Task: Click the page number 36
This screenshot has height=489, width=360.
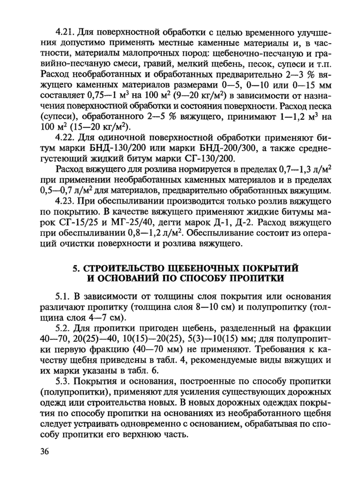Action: (x=45, y=451)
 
